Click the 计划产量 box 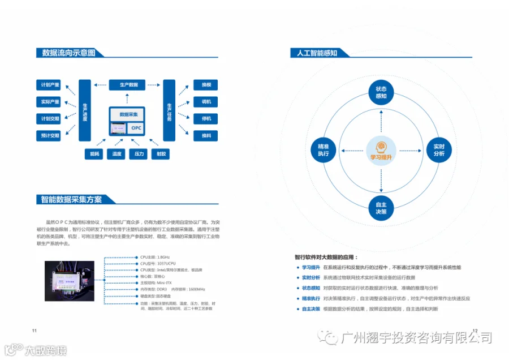click(50, 85)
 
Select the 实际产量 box click(50, 102)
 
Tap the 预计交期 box click(50, 136)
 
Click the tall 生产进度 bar click(84, 110)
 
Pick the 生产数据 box click(127, 85)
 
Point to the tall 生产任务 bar click(169, 110)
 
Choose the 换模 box click(205, 85)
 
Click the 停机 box click(205, 119)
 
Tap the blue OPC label click(136, 128)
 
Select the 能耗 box click(94, 154)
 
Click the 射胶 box click(161, 154)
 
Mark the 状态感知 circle click(381, 92)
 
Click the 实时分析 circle click(439, 150)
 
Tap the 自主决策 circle click(381, 208)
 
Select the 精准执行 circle click(323, 150)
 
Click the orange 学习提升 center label click(381, 157)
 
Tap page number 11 click(34, 331)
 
